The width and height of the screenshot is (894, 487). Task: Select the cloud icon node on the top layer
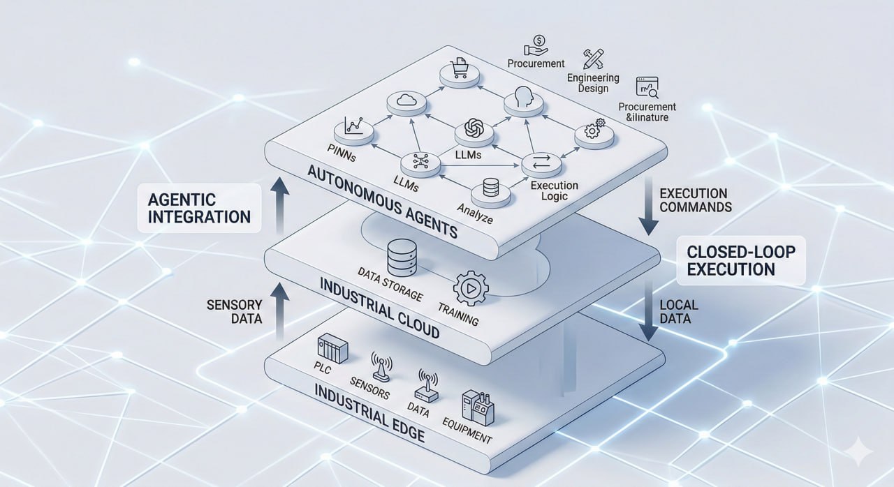[406, 102]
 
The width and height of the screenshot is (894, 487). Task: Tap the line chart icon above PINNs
[349, 126]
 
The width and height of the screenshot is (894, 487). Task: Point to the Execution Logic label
[554, 190]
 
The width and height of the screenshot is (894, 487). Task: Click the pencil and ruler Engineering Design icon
[594, 59]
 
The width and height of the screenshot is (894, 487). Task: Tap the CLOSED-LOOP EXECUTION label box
[740, 260]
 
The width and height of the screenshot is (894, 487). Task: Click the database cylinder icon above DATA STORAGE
[402, 257]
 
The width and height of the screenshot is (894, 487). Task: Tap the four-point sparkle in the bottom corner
[857, 454]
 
